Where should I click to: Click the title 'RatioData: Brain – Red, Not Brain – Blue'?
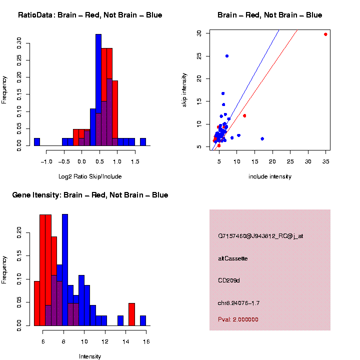point(90,15)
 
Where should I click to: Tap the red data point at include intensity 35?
point(325,34)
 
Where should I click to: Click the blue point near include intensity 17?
point(262,138)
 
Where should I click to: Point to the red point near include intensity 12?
point(244,115)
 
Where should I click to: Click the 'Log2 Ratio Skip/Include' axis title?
point(90,176)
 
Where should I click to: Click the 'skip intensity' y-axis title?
point(184,89)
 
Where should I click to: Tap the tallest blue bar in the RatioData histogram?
point(98,90)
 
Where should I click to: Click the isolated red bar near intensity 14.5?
point(131,314)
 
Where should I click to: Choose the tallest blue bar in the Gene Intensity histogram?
point(65,270)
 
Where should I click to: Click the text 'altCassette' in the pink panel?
point(233,258)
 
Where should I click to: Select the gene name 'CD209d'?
point(229,280)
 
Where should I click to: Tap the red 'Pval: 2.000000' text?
point(238,319)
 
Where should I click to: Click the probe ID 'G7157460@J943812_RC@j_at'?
point(260,236)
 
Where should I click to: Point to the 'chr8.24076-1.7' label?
point(239,303)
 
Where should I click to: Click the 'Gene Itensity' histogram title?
point(90,195)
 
